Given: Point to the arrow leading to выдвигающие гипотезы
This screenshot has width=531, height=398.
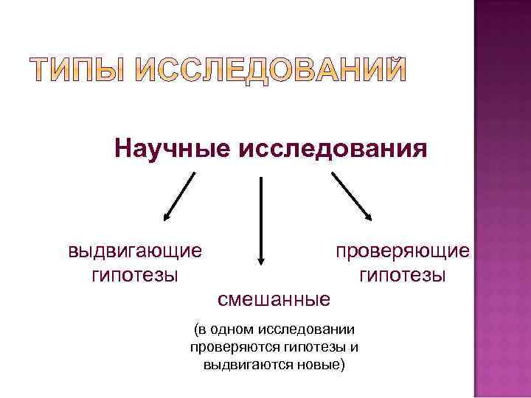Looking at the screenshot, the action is [179, 196].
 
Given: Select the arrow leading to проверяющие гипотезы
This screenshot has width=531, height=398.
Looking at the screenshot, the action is [351, 196].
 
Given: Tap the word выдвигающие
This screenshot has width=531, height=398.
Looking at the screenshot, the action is [134, 251].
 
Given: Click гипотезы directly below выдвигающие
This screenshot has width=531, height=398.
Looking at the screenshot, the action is [134, 276].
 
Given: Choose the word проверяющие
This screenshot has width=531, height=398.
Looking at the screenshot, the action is [402, 251].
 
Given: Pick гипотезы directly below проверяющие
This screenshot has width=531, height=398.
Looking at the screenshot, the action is [402, 276].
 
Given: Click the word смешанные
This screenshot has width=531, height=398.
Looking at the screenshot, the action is [274, 299].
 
